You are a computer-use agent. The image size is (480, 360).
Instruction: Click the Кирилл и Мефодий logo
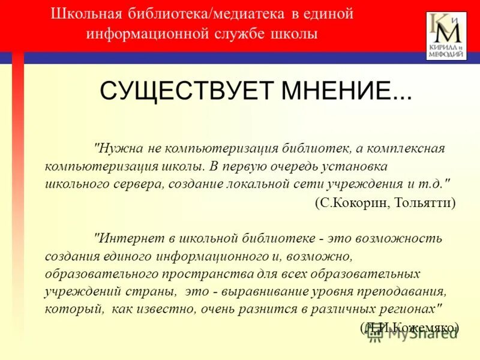point(446,35)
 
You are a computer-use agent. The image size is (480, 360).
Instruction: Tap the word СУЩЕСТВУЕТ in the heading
point(182,91)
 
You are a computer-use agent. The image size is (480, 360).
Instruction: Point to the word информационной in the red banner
point(146,34)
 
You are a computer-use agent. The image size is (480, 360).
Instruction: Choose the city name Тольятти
point(424,203)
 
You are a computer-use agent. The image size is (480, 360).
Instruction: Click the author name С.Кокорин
point(352,203)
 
